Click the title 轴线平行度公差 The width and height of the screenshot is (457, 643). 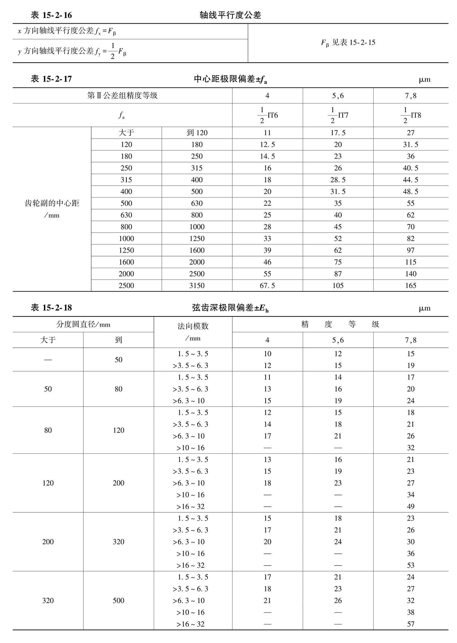click(x=230, y=15)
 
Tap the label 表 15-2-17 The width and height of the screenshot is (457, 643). click(x=51, y=79)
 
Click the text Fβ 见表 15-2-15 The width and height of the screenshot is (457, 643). click(x=348, y=43)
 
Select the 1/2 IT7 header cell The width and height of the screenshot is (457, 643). click(x=338, y=115)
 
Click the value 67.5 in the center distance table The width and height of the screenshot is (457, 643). click(x=267, y=286)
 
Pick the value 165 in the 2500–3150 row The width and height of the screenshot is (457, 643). click(x=411, y=286)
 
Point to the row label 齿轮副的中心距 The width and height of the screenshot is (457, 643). click(x=52, y=203)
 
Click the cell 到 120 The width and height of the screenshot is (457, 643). click(x=197, y=133)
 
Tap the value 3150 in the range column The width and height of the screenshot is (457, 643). click(x=197, y=286)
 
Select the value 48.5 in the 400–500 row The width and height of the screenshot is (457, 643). click(x=411, y=192)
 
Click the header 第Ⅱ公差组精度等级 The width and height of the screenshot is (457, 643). click(x=122, y=96)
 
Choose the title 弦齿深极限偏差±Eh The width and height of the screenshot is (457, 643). click(x=230, y=308)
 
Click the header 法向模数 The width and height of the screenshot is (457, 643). click(x=193, y=326)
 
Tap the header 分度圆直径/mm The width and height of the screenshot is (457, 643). click(x=83, y=324)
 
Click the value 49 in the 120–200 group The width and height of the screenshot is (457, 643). click(x=411, y=506)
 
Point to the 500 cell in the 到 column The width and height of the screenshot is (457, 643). click(x=118, y=600)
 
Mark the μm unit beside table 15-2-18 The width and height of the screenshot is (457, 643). click(x=424, y=308)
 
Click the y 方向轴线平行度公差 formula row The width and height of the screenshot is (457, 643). click(x=72, y=51)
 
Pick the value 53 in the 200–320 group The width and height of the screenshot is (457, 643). click(x=411, y=565)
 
